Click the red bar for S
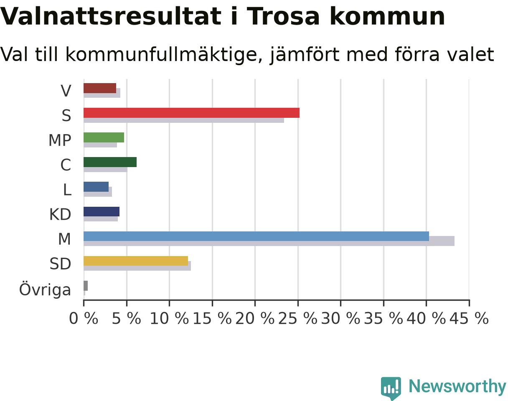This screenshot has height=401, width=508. point(191,113)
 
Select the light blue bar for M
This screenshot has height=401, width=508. point(256,236)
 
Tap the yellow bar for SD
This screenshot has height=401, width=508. point(136,261)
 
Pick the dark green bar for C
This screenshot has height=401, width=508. point(110,162)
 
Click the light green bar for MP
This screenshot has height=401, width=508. point(104,137)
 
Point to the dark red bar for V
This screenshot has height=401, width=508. point(100,88)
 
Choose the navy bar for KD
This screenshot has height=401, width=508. point(102,211)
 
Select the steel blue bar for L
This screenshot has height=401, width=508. point(96,187)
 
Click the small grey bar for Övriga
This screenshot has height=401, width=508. point(86,286)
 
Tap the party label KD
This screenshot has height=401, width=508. point(60,215)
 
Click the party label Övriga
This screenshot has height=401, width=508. point(45,289)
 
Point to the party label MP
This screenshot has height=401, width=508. point(60,140)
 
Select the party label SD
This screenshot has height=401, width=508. point(60,264)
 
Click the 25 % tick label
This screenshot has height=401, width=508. point(298,319)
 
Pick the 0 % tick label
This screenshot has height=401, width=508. point(84,319)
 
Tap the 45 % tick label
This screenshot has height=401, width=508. point(469,319)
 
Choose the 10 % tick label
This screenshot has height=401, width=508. point(170,319)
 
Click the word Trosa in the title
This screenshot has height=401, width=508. point(284,17)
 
